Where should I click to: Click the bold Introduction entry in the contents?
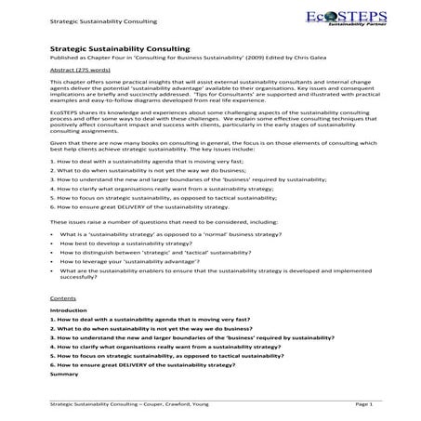(69, 310)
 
